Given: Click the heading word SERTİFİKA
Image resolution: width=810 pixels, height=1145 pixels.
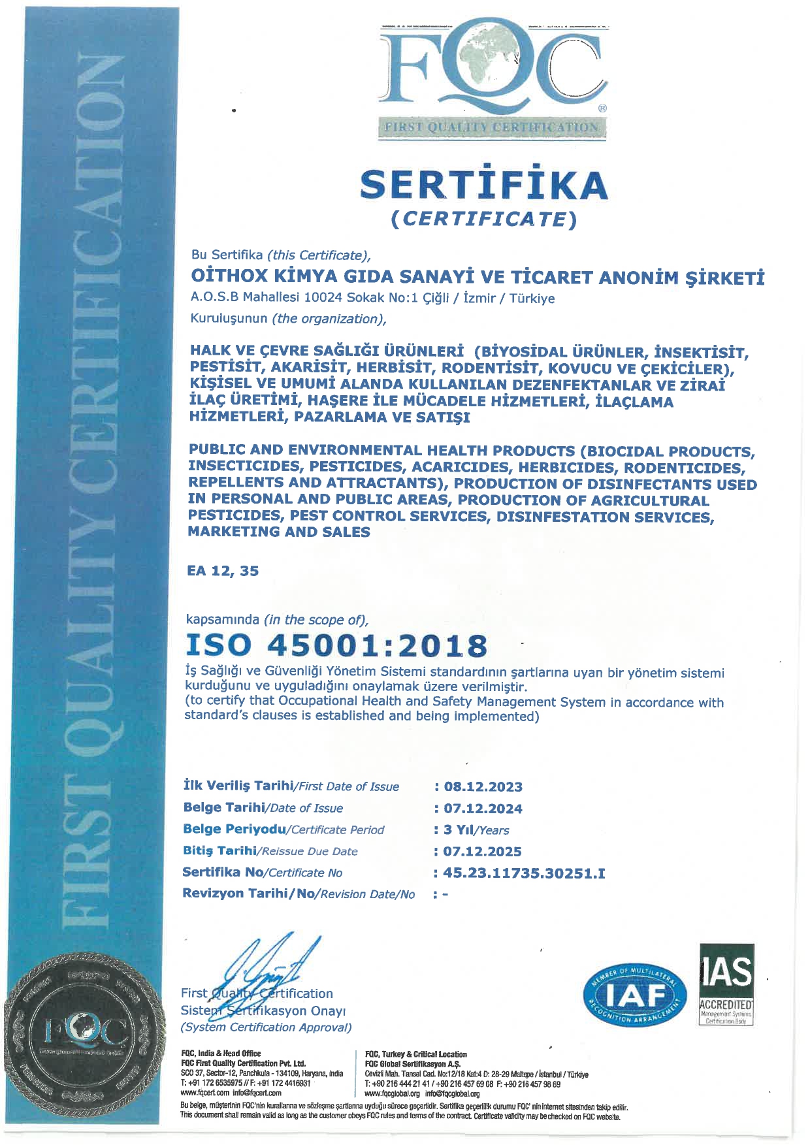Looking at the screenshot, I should tap(483, 185).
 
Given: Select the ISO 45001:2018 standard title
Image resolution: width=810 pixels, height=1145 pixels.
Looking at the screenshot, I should tap(336, 645).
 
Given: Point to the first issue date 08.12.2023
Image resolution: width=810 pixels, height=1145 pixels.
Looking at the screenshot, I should tap(483, 786).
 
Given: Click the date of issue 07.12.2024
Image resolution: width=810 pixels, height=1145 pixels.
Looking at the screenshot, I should tap(483, 808).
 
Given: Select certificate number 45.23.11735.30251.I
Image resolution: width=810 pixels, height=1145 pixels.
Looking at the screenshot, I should tap(523, 873).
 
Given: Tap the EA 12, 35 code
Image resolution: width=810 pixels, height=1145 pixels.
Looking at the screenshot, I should tap(223, 571).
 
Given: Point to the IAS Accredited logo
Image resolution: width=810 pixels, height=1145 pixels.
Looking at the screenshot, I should tap(726, 984).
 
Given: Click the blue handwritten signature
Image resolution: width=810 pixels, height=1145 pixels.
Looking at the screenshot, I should tap(268, 973).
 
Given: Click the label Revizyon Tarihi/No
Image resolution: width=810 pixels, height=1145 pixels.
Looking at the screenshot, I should tap(299, 894).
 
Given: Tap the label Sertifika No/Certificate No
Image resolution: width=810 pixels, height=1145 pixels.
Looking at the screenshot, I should tap(262, 873).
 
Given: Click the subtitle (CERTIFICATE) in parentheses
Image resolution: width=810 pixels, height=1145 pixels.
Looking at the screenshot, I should tap(483, 219).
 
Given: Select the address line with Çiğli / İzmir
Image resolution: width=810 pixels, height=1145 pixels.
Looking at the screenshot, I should tap(372, 298).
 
